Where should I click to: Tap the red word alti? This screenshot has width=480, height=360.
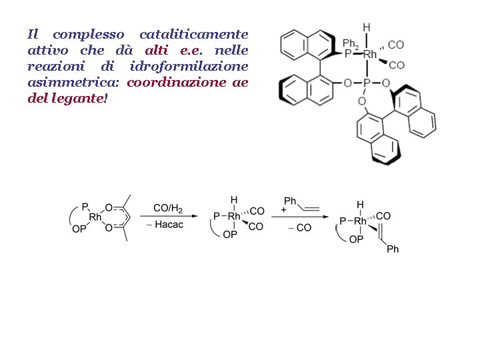coord(157,50)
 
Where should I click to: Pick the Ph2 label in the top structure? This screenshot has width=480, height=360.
coord(349,43)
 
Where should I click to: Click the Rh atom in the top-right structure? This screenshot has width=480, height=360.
coord(371,54)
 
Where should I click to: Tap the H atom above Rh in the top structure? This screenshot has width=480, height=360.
coord(366,27)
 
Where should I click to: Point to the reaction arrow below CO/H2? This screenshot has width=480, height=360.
coord(171,215)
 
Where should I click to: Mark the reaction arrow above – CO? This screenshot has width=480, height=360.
coord(300,216)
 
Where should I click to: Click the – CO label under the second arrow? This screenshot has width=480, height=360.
coord(299,227)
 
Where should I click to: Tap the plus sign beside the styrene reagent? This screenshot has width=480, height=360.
coord(284,209)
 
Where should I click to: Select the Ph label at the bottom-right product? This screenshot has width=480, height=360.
coord(393,249)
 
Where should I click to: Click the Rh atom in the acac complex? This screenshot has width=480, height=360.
coord(95,217)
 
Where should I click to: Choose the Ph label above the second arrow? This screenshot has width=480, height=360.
coord(291,201)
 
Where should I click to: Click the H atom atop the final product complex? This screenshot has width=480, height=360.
coord(360,204)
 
